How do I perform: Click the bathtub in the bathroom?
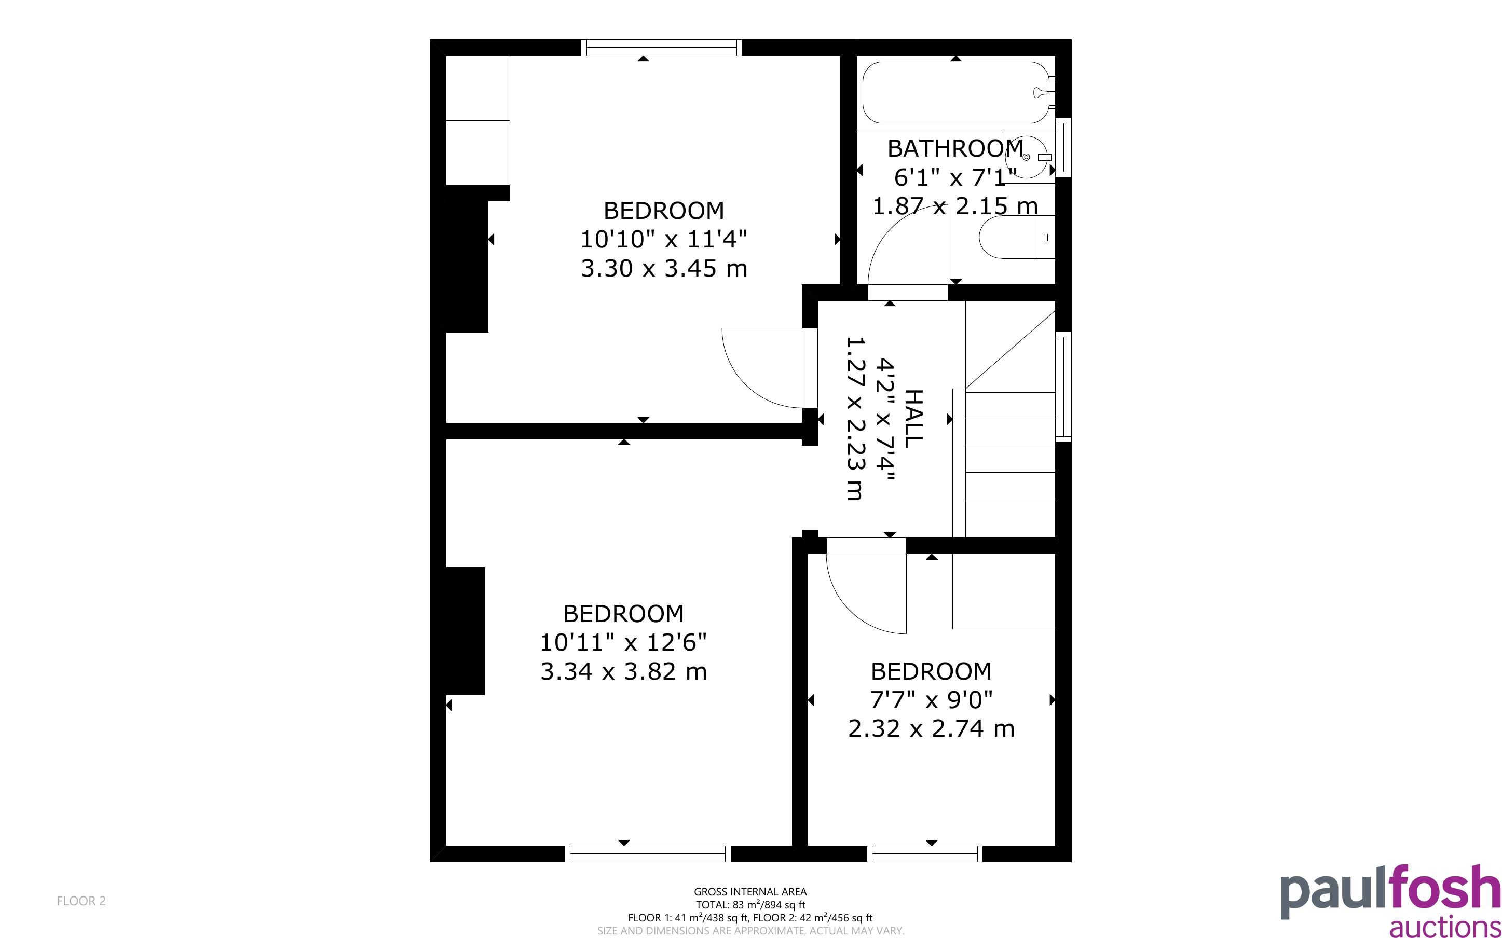(x=956, y=92)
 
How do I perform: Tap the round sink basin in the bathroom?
(x=1027, y=157)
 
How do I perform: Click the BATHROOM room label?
(x=955, y=148)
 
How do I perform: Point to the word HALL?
(x=913, y=418)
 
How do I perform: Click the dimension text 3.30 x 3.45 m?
(x=664, y=269)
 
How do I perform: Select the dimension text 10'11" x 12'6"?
(x=623, y=643)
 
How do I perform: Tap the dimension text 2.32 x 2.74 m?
(x=931, y=728)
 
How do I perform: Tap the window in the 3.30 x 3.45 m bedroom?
(x=661, y=48)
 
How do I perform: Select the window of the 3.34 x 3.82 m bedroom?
(x=648, y=853)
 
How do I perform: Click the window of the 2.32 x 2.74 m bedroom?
(x=925, y=853)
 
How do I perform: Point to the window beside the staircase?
(x=1063, y=387)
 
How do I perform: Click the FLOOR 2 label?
(x=81, y=901)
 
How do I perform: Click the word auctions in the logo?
(x=1445, y=926)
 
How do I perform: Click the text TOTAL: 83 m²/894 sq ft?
(x=750, y=904)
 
